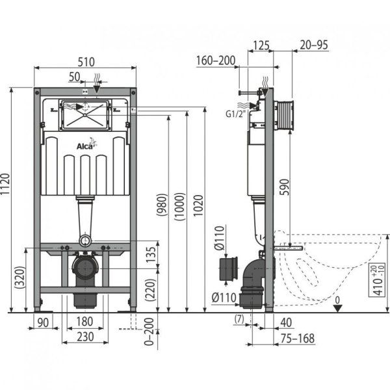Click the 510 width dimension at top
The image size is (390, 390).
pos(86,62)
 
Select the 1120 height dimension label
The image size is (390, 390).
pos(7,198)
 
